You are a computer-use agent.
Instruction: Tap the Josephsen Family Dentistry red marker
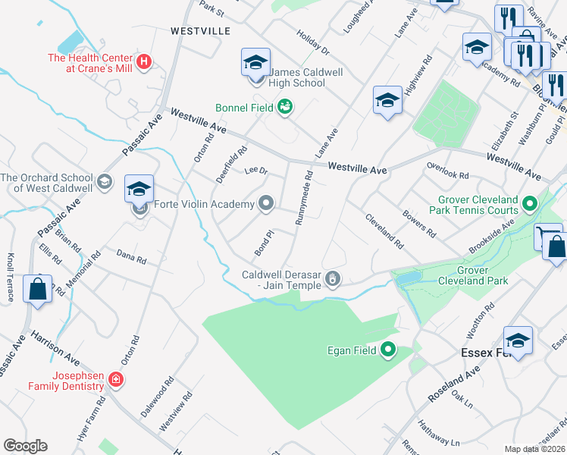(x=115, y=379)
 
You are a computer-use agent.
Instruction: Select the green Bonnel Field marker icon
(x=285, y=108)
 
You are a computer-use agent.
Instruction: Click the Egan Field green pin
(x=388, y=350)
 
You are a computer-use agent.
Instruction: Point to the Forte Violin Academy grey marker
(x=265, y=203)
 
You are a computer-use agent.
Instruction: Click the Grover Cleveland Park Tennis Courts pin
(x=529, y=204)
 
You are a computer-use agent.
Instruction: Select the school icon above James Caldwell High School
(x=256, y=62)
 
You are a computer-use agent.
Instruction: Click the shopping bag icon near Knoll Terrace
(x=37, y=290)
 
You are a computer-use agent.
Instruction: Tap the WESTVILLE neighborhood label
(x=200, y=32)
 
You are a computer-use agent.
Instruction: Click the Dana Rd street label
(x=131, y=258)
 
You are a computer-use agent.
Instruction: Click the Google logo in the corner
(x=25, y=446)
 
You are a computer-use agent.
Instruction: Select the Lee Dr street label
(x=256, y=171)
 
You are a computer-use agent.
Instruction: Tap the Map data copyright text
(x=535, y=449)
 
